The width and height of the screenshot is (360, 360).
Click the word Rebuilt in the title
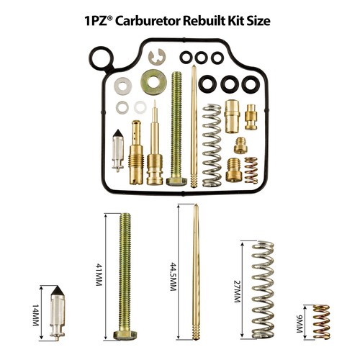[x=207, y=20]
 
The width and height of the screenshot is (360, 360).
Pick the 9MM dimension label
[x=299, y=320]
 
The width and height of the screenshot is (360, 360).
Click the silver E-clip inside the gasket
[x=156, y=58]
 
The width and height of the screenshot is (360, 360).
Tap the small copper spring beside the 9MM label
[x=321, y=321]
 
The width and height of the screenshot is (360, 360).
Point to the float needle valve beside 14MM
[x=59, y=312]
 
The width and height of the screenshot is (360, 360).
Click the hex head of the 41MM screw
[x=125, y=334]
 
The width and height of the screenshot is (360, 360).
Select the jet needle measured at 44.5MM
[x=195, y=274]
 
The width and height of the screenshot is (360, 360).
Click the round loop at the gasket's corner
[x=100, y=58]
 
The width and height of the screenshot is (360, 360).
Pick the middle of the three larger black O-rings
[x=230, y=84]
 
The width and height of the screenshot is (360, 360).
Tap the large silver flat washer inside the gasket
[x=122, y=86]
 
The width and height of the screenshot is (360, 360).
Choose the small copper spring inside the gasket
[x=251, y=169]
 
